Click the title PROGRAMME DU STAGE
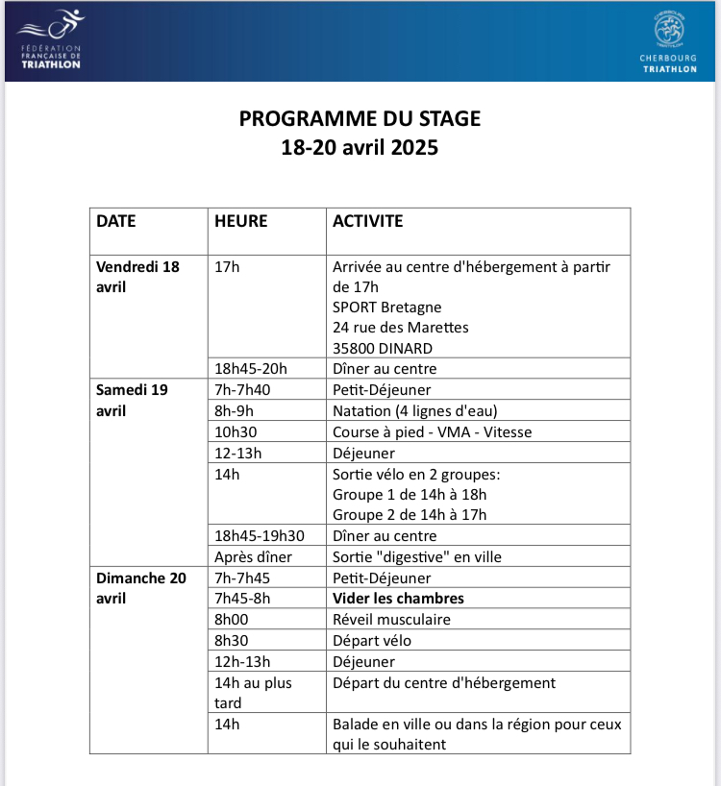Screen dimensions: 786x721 tap(360, 119)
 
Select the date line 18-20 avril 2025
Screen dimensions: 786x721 tap(360, 148)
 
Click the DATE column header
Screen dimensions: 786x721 tap(116, 221)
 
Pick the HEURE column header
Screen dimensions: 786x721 tap(240, 221)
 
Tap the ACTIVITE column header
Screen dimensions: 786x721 tap(368, 221)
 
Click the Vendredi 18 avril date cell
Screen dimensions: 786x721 tap(137, 276)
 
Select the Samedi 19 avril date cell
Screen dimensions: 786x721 tap(133, 400)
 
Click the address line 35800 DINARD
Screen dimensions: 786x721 tap(382, 348)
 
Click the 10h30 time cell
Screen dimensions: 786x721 tap(236, 432)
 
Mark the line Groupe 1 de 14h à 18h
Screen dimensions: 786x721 tap(410, 495)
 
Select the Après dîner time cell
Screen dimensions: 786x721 tap(253, 557)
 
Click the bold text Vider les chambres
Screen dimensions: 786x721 tap(398, 599)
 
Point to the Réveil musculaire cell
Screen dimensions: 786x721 tap(391, 620)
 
